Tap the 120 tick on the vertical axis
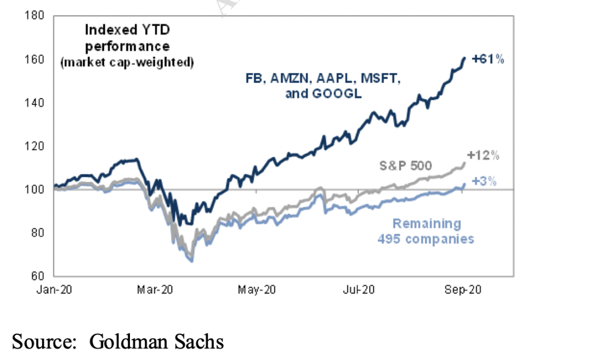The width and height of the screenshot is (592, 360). pos(37,146)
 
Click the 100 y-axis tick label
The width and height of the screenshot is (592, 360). pos(37,190)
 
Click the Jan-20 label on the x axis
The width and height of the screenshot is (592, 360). pos(54,290)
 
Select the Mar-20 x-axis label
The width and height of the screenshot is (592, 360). pos(155,290)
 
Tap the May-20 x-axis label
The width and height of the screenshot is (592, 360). pos(257,290)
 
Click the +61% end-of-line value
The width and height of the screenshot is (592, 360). pos(487,59)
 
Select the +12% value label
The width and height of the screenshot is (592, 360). pos(483,156)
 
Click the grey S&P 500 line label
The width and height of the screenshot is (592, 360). pos(406,165)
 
